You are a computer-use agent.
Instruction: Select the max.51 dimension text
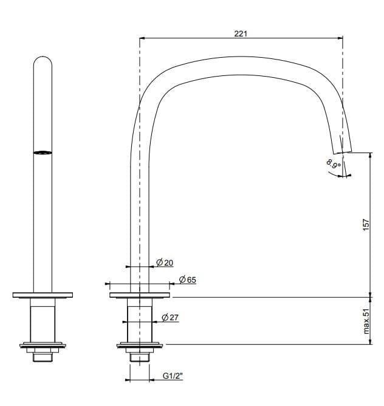[366, 321]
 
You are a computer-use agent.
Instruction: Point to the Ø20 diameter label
[165, 263]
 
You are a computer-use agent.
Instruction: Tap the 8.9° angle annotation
[334, 165]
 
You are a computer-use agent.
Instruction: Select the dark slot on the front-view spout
[42, 153]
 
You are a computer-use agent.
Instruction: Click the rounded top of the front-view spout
[43, 61]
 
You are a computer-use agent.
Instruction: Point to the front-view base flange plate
[43, 295]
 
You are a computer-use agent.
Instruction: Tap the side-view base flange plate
[140, 295]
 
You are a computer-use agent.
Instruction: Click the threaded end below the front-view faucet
[43, 356]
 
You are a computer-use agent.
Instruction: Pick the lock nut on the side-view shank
[140, 346]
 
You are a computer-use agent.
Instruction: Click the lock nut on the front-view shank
[43, 346]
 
